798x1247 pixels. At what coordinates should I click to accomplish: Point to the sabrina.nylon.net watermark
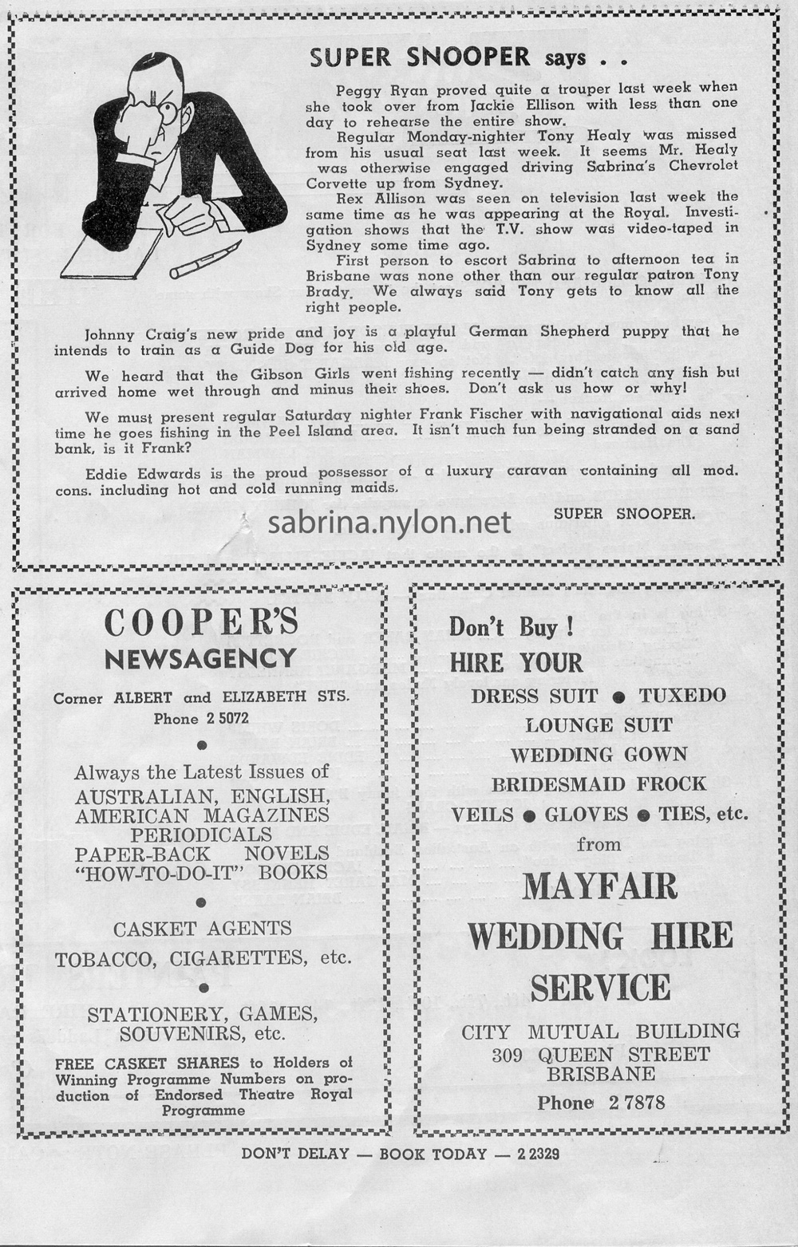389,523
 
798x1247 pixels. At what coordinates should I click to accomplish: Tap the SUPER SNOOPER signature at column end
624,514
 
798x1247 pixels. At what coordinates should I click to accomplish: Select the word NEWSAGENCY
200,660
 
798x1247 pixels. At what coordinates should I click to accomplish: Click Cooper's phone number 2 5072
227,718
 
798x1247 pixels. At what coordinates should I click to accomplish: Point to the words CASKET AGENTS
202,929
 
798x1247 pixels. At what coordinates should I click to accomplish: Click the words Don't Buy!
511,627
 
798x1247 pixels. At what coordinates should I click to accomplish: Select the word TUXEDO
682,696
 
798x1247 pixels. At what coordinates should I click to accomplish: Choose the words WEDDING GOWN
598,755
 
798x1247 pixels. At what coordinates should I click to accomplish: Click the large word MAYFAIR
599,887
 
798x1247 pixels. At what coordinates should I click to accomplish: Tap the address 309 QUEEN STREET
600,1055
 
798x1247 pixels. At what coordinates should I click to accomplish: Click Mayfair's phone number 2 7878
636,1103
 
